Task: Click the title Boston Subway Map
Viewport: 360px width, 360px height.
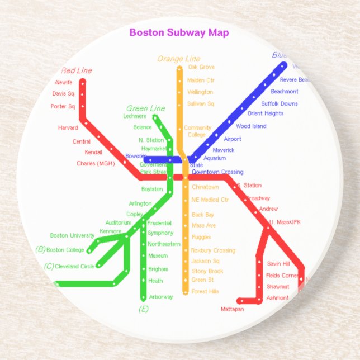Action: pyautogui.click(x=179, y=32)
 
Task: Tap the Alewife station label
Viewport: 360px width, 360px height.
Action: pyautogui.click(x=63, y=82)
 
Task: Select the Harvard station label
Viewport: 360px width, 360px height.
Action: pyautogui.click(x=68, y=128)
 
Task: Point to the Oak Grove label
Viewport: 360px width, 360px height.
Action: pyautogui.click(x=201, y=67)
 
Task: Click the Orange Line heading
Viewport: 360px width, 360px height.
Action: pyautogui.click(x=178, y=59)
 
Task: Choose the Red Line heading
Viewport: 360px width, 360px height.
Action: pyautogui.click(x=77, y=70)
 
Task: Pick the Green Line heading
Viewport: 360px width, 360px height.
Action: pyautogui.click(x=145, y=108)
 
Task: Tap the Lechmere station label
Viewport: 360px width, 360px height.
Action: pyautogui.click(x=135, y=116)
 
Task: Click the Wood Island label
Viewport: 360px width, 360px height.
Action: pyautogui.click(x=251, y=126)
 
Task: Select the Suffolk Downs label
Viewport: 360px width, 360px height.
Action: pyautogui.click(x=280, y=103)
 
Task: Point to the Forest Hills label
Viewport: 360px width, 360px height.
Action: pyautogui.click(x=205, y=291)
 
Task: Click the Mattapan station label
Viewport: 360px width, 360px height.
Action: pyautogui.click(x=232, y=309)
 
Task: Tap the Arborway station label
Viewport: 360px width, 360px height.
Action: pyautogui.click(x=161, y=297)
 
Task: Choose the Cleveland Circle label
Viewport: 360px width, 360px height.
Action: pyautogui.click(x=74, y=267)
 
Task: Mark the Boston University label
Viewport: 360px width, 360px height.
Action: pyautogui.click(x=72, y=235)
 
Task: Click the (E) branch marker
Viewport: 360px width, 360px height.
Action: pyautogui.click(x=144, y=309)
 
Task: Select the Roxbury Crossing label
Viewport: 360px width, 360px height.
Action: pyautogui.click(x=213, y=250)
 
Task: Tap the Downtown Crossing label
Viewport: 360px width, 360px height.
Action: pyautogui.click(x=217, y=172)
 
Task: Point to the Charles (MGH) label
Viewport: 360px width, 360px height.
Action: pyautogui.click(x=95, y=164)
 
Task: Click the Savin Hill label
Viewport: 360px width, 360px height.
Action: pyautogui.click(x=278, y=264)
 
